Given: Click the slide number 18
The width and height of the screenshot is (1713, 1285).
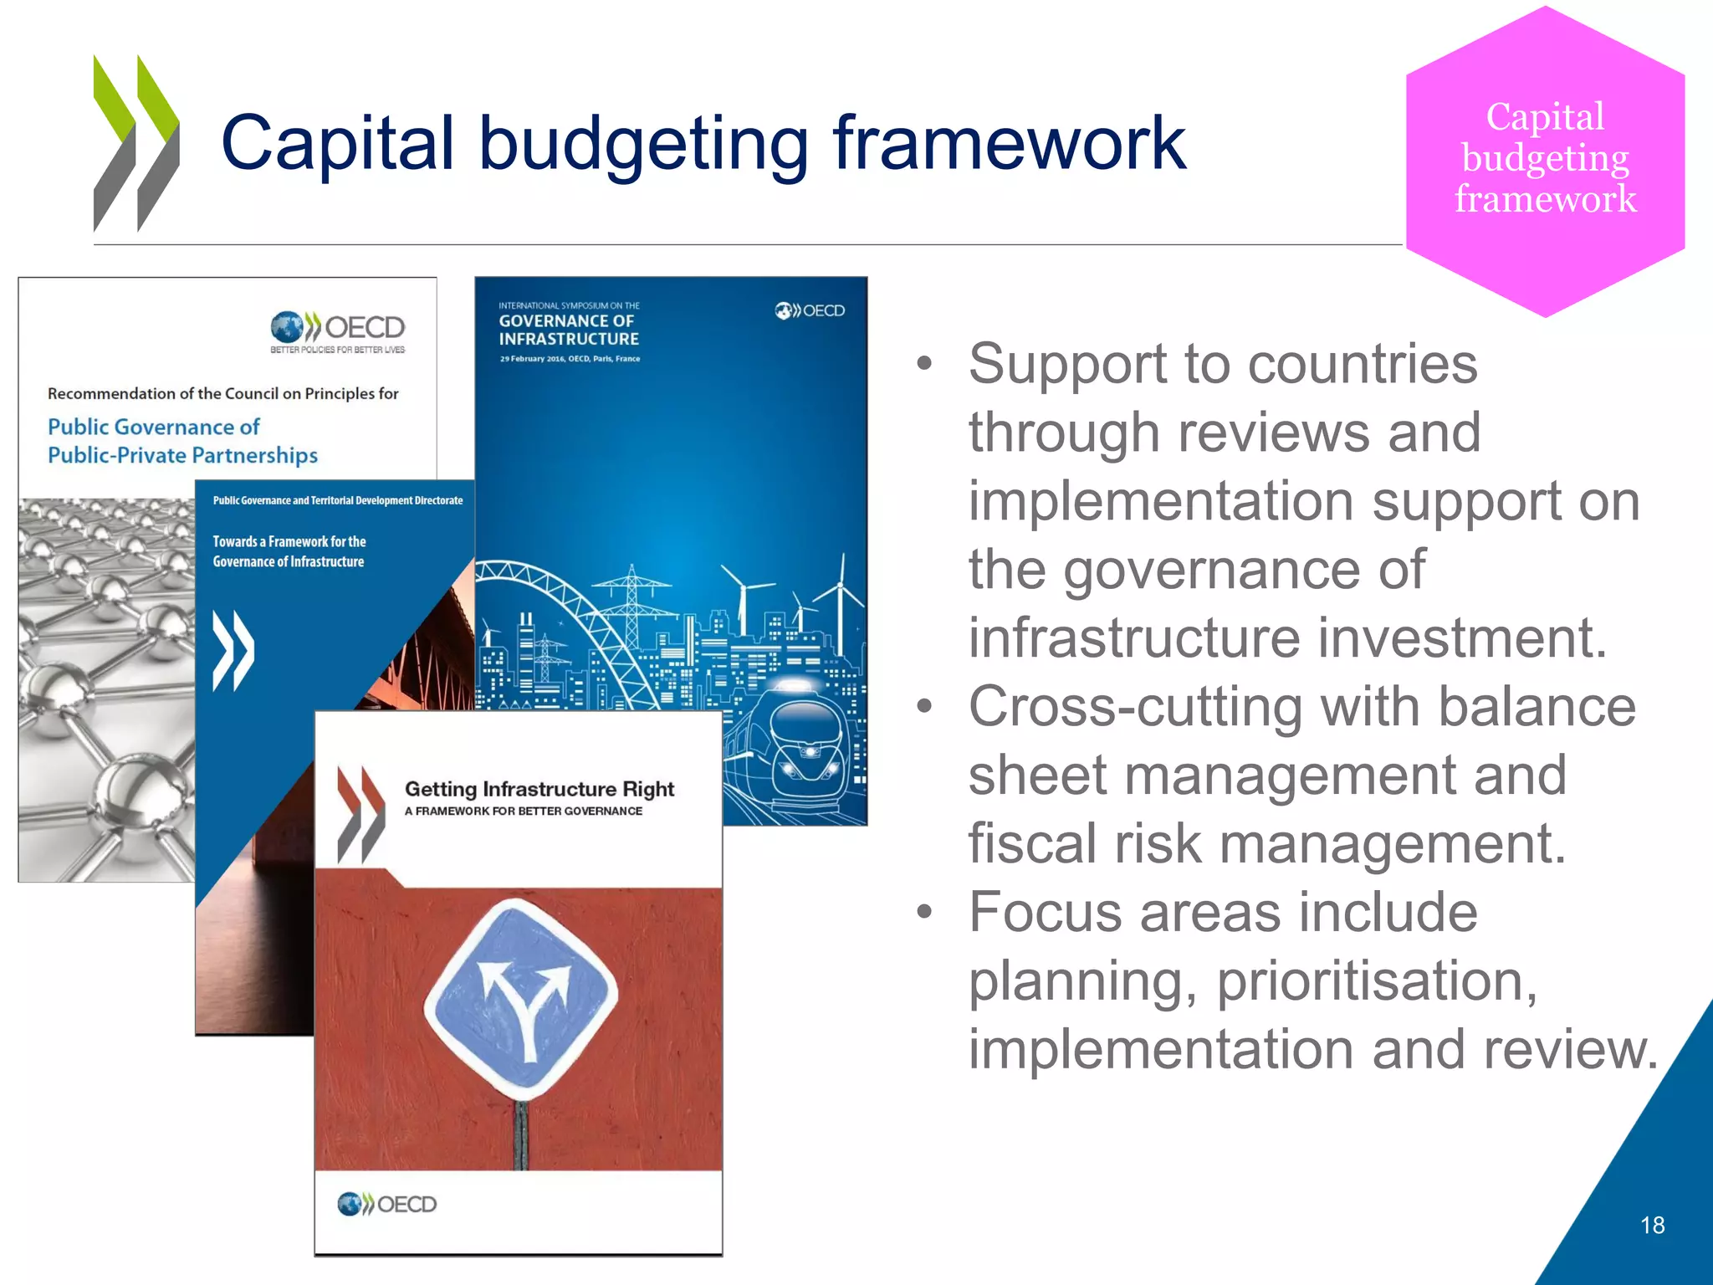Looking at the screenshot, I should click(1652, 1226).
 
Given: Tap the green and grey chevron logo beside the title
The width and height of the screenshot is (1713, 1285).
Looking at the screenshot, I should click(136, 144).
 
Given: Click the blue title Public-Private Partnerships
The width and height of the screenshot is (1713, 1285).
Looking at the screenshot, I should click(182, 456).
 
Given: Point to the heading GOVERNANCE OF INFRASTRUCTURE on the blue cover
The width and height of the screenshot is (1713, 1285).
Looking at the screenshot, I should click(569, 330).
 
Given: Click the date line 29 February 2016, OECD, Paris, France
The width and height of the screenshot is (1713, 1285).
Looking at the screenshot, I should click(570, 359).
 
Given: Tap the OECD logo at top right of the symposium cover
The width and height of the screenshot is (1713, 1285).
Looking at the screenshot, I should click(809, 311).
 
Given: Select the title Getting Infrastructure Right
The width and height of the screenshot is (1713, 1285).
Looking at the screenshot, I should click(539, 789).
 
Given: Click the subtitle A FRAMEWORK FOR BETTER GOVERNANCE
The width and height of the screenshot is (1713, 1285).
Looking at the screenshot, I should click(524, 811).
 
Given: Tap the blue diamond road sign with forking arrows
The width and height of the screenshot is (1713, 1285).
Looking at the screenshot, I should click(521, 1000).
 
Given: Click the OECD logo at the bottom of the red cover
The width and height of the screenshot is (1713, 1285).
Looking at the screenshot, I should click(386, 1205).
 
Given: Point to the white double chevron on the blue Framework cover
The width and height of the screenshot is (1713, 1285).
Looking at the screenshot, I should click(233, 651).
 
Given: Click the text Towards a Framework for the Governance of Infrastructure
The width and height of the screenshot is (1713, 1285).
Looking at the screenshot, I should click(289, 551).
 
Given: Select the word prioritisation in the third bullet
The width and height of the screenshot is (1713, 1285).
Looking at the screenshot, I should click(1376, 981).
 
